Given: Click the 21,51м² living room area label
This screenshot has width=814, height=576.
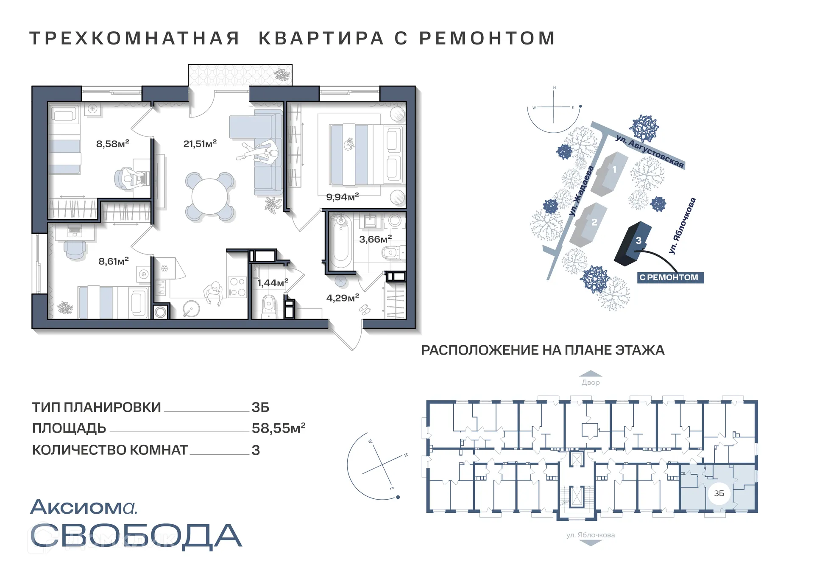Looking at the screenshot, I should pyautogui.click(x=200, y=144).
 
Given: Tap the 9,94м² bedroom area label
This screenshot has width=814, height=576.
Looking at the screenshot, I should pyautogui.click(x=342, y=197).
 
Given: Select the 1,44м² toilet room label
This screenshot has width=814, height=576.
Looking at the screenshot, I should pyautogui.click(x=273, y=282).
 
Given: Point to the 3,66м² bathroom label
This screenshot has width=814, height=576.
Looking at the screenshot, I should pyautogui.click(x=375, y=239).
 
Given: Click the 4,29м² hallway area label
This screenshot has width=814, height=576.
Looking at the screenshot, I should pyautogui.click(x=343, y=298).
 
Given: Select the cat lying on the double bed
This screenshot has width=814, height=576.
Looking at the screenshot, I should pyautogui.click(x=349, y=144).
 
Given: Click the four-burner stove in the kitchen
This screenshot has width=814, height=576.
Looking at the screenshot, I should pyautogui.click(x=237, y=287).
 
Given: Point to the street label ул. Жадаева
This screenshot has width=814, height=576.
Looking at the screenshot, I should pyautogui.click(x=581, y=191).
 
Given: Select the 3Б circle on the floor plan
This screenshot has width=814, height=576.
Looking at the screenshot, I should pyautogui.click(x=719, y=493).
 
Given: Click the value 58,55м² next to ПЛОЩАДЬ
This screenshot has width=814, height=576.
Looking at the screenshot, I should pyautogui.click(x=278, y=428).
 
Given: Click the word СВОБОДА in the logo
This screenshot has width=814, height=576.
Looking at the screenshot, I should pyautogui.click(x=136, y=536).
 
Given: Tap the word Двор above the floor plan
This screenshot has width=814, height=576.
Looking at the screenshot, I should pyautogui.click(x=590, y=383).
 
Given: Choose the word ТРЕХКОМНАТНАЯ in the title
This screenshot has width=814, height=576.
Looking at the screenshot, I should pyautogui.click(x=135, y=38).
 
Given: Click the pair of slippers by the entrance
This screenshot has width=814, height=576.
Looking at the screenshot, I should pyautogui.click(x=365, y=310).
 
